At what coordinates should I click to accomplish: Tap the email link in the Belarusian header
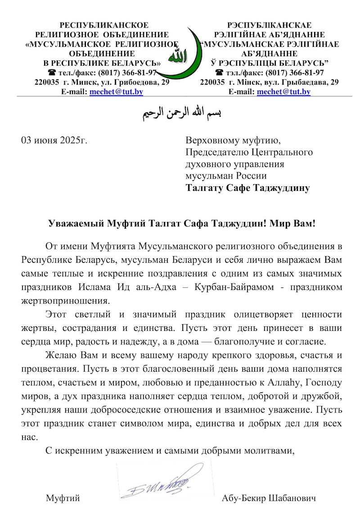tap(283, 92)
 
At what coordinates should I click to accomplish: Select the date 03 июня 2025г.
tap(54, 140)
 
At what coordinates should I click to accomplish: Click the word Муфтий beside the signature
tap(63, 498)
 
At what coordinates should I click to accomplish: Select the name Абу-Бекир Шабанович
tap(269, 498)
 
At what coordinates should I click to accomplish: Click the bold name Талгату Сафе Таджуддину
tap(248, 188)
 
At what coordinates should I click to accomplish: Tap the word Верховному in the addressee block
tap(211, 140)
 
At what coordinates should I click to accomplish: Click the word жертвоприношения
tap(65, 300)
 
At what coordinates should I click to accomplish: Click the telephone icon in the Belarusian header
tap(220, 72)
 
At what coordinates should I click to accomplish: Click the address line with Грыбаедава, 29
tap(270, 82)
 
